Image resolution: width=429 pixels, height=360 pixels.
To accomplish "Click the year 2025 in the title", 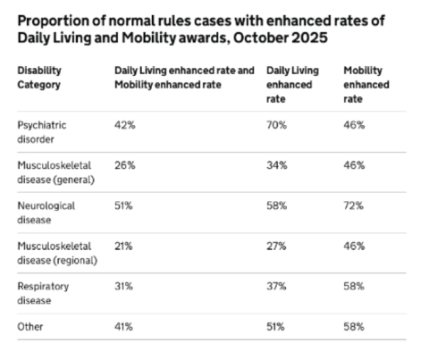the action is [x=309, y=38].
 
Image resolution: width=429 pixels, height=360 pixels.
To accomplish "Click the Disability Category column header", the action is [x=39, y=78].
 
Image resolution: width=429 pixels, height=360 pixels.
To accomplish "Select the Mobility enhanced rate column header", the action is [x=366, y=85].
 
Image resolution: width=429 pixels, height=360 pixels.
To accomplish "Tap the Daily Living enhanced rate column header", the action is [x=292, y=85].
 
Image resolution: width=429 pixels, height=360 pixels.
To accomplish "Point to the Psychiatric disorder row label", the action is [x=42, y=132].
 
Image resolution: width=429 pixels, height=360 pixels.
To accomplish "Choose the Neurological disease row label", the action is [x=46, y=213].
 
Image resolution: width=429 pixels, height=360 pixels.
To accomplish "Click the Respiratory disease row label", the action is [x=43, y=293].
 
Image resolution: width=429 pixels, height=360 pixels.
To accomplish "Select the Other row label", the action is [x=30, y=327].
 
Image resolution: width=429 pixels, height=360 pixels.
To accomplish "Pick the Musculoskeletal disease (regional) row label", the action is [x=57, y=253].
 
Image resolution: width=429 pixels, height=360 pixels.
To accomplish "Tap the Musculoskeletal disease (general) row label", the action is [x=56, y=172].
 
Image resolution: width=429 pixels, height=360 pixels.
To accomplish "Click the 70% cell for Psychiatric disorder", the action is [x=276, y=125].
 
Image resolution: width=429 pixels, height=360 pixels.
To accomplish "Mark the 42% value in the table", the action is [x=125, y=125].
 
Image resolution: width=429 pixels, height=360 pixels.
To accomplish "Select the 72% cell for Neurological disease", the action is [x=353, y=205].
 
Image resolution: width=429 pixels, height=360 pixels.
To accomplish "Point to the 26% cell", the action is [x=125, y=165].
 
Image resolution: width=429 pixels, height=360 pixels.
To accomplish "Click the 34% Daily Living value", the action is [x=277, y=165].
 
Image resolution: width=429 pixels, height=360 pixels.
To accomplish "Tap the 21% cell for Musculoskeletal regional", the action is [x=123, y=247].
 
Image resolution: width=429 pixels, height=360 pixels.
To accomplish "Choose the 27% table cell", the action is [x=276, y=247].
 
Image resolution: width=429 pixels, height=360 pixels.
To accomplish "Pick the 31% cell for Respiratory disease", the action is [x=123, y=287].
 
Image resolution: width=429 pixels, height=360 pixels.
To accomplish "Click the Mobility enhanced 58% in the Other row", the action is [x=354, y=327].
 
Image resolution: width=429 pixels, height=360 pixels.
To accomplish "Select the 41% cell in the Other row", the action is [x=123, y=327].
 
